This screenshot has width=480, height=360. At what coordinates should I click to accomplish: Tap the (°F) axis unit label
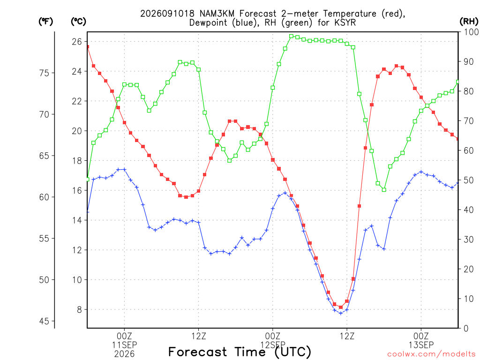tap(45, 22)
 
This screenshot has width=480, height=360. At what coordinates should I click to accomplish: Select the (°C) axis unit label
tap(78, 22)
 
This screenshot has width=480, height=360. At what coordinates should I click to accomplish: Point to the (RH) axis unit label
tap(469, 22)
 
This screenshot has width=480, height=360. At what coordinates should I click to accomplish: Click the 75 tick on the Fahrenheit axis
tap(44, 73)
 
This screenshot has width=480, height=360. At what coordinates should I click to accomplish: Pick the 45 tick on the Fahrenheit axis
tap(44, 321)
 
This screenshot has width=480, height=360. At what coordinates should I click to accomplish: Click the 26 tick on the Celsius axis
tap(77, 41)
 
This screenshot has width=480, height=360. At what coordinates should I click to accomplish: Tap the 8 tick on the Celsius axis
tap(80, 309)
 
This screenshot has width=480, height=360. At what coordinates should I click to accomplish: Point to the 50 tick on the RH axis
tap(468, 180)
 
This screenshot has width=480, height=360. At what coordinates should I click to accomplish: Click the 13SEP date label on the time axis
tap(421, 345)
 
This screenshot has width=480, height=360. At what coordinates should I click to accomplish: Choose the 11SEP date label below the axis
tap(124, 345)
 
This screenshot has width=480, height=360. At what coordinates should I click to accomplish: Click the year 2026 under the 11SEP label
tap(124, 354)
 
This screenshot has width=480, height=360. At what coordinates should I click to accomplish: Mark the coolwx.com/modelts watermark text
tap(431, 354)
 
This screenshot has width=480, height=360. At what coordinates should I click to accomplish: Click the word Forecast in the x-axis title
tap(198, 352)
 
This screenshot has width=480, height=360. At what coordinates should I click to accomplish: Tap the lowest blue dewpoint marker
tap(340, 313)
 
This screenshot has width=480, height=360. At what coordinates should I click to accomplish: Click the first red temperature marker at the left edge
tap(88, 47)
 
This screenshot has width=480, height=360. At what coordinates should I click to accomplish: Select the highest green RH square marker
tap(291, 36)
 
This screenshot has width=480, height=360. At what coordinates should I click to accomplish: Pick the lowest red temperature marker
tap(340, 307)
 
